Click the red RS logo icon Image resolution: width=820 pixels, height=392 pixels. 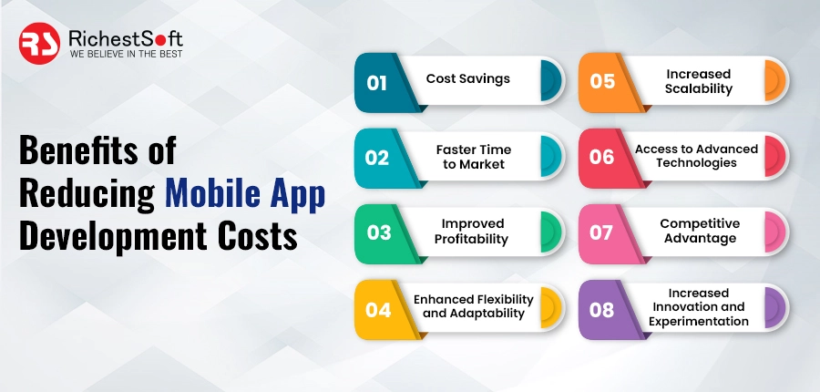coord(41,43)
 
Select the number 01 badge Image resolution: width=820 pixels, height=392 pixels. coord(377,82)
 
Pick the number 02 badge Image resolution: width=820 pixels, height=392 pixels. coord(377,157)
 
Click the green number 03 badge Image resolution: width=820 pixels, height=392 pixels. coord(377,232)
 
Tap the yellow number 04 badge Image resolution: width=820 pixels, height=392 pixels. coord(377,309)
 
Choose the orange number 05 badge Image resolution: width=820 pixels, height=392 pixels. coord(602,82)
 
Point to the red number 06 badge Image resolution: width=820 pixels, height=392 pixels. coord(602,157)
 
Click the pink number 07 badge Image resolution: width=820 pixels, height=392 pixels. coord(602,232)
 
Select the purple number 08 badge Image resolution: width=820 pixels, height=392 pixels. coord(602,309)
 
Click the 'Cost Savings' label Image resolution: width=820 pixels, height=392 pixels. coord(468,78)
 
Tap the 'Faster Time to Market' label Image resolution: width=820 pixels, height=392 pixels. coord(473,156)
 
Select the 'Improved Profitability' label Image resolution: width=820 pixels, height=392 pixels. coord(474,231)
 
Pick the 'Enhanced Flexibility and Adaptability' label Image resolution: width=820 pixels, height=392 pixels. coord(474,305)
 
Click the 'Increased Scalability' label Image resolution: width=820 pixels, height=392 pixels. coord(699,81)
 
